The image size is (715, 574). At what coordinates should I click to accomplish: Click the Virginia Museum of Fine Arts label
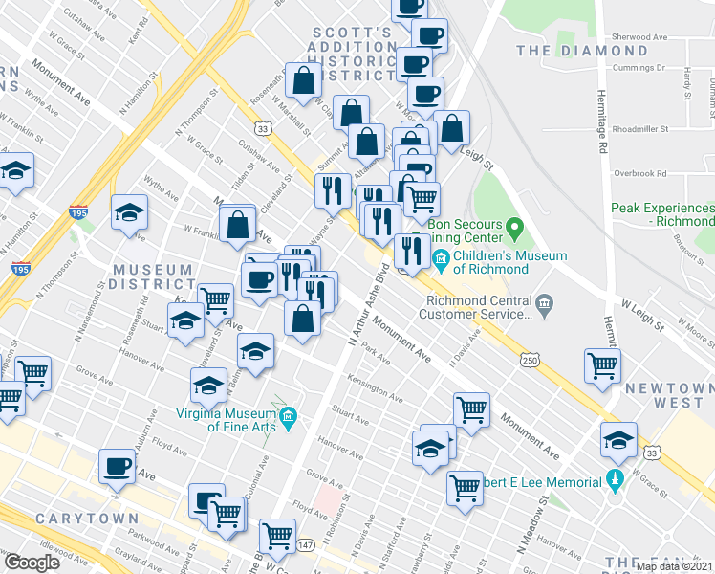(x=227, y=421)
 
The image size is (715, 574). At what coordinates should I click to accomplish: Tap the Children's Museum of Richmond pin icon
(x=441, y=257)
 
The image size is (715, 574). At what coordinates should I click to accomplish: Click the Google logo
(x=32, y=563)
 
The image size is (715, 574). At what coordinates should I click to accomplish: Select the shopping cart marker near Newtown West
(x=603, y=365)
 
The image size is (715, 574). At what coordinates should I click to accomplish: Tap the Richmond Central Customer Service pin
(x=545, y=305)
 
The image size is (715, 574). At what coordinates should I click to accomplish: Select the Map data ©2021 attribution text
(x=674, y=566)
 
